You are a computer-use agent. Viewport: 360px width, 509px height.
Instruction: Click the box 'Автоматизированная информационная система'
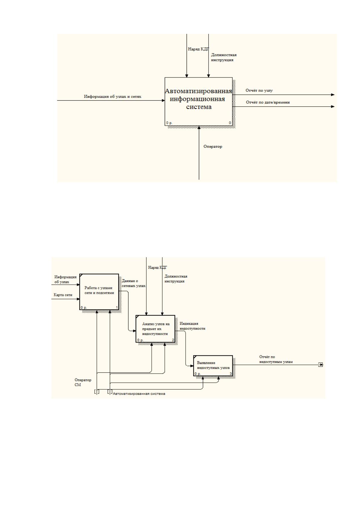(198, 101)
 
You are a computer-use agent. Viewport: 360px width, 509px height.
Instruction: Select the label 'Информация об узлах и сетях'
(112, 97)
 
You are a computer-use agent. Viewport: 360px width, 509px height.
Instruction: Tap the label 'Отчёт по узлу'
(259, 90)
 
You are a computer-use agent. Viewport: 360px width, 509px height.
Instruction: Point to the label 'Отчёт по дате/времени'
(268, 102)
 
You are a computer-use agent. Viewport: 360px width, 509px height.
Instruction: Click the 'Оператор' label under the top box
(213, 147)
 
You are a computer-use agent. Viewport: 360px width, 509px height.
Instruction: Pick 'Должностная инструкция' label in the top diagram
(224, 57)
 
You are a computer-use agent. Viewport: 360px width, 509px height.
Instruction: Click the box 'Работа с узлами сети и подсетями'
(99, 292)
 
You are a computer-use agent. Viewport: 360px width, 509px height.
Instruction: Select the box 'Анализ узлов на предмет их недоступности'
(155, 329)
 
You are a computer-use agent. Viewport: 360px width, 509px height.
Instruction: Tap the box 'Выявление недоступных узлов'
(213, 366)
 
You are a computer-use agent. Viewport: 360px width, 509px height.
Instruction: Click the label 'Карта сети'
(63, 295)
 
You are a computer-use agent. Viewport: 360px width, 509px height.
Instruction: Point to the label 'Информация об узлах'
(65, 280)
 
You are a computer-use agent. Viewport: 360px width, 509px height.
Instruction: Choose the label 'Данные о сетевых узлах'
(133, 283)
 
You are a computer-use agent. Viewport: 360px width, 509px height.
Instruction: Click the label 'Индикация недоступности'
(192, 326)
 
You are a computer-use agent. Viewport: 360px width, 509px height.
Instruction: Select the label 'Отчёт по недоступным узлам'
(276, 359)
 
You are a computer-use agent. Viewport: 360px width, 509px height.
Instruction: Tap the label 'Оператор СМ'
(83, 382)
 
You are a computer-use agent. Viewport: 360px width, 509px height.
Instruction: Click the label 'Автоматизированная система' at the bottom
(139, 394)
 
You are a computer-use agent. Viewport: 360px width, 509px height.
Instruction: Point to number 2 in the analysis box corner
(173, 340)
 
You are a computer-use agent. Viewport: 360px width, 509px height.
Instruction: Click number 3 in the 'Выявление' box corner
(231, 374)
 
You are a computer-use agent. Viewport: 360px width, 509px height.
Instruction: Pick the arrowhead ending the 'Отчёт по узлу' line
(333, 95)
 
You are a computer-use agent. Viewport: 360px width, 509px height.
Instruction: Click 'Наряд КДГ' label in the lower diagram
(157, 267)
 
